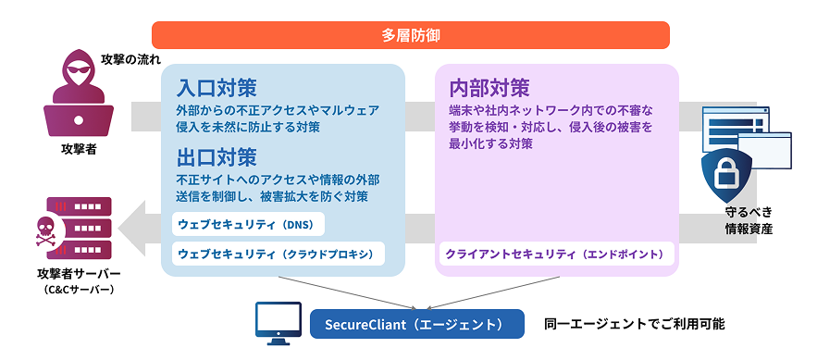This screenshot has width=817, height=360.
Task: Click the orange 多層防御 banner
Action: tap(410, 35)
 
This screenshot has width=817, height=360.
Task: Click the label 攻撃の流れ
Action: tap(127, 59)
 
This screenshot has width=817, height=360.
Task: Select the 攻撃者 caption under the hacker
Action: tap(79, 151)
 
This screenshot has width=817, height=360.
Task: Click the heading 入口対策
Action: tap(217, 88)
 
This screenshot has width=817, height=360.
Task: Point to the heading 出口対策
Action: tap(217, 157)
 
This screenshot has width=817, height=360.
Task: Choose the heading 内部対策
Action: tap(489, 88)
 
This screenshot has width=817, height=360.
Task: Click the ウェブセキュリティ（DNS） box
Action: tap(249, 225)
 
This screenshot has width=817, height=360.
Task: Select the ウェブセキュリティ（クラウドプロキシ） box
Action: tap(279, 254)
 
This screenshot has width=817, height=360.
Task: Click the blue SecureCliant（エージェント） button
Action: tap(417, 324)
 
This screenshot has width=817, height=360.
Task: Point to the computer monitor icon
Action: tap(279, 323)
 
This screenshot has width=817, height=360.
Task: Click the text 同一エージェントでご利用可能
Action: tap(634, 324)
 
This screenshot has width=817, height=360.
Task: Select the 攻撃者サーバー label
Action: tap(79, 274)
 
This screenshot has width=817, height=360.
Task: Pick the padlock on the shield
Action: tap(727, 174)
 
